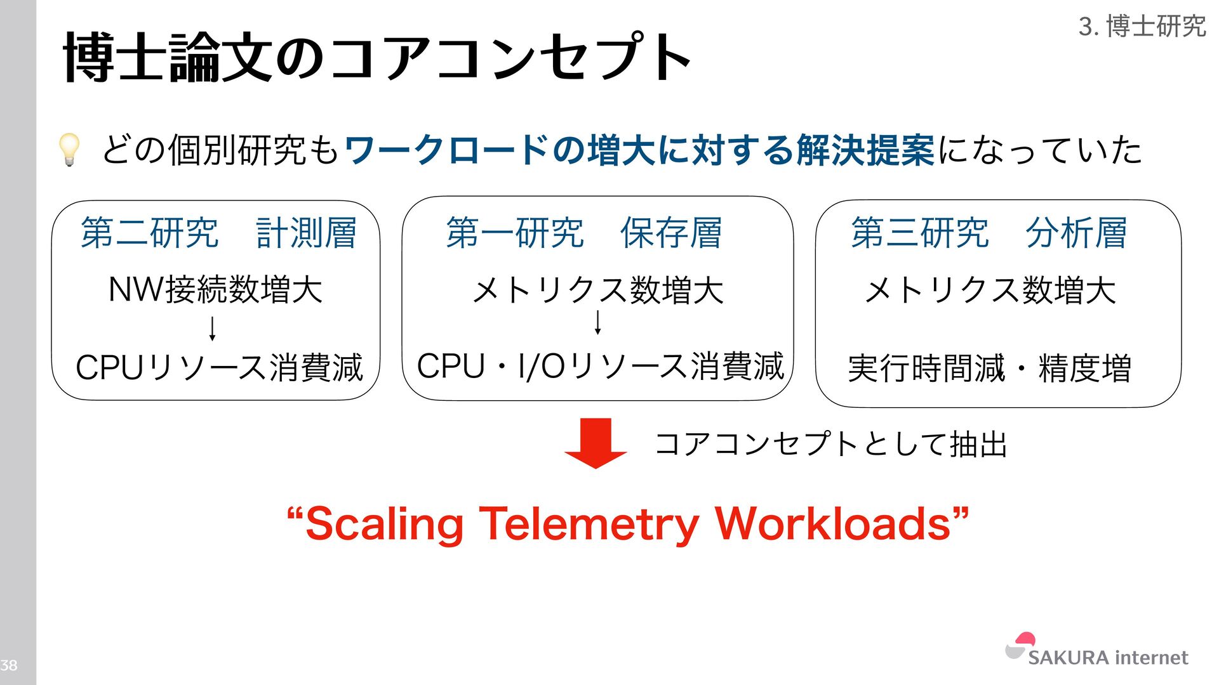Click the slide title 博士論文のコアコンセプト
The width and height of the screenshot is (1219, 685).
[377, 58]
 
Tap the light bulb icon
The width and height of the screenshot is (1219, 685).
[69, 150]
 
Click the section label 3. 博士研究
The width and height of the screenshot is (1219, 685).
[1142, 27]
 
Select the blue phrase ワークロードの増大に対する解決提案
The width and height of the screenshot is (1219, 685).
[639, 150]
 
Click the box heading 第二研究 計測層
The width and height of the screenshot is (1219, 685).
[218, 232]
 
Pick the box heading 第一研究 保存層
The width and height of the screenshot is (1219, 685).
[583, 232]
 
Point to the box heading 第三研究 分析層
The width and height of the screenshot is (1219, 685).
[989, 232]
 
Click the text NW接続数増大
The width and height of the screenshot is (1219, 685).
[216, 290]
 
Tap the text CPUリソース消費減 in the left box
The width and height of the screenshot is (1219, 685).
[219, 367]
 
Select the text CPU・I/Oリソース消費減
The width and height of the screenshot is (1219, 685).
[600, 366]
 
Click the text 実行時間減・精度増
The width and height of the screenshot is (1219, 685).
[989, 369]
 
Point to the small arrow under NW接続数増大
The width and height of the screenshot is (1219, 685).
[213, 328]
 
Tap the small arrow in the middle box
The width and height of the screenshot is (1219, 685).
[597, 322]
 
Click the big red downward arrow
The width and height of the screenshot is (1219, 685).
[596, 443]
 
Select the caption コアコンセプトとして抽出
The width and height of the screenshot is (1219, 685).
[830, 443]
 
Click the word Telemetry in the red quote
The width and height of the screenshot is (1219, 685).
[588, 524]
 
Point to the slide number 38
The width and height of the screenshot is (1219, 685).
[9, 665]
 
